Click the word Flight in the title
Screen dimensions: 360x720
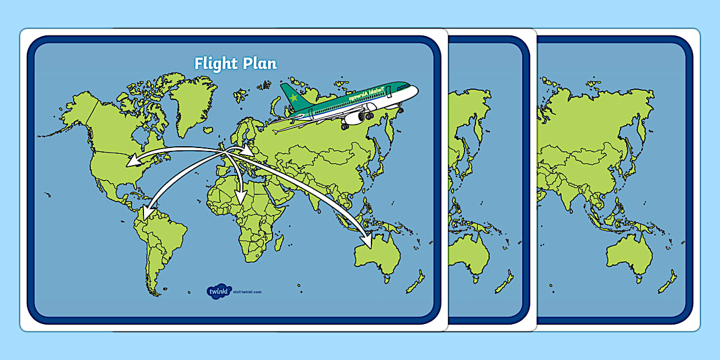pos(214,63)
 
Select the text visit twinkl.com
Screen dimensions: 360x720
pos(247,292)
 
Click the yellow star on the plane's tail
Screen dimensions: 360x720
pos(294,98)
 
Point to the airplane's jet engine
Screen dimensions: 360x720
pos(354,118)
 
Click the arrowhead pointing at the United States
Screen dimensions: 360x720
pos(131,161)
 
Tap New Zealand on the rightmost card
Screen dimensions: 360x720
pos(666,283)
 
